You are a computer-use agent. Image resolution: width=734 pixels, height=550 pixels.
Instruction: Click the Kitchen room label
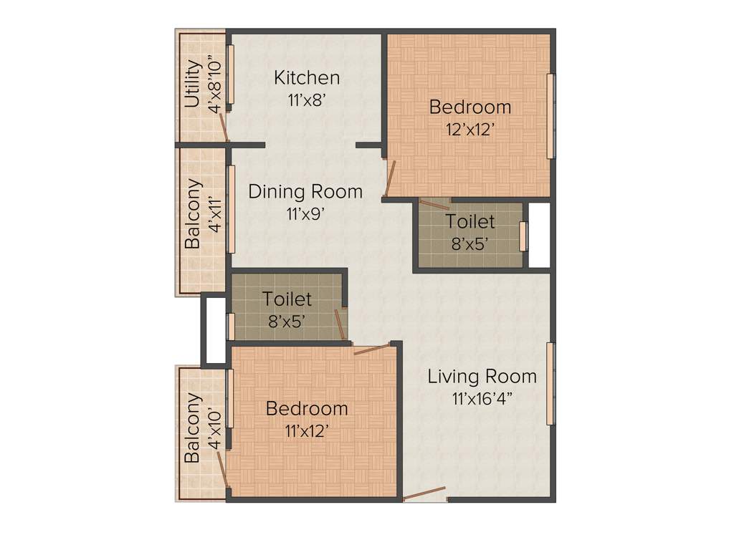[307, 77]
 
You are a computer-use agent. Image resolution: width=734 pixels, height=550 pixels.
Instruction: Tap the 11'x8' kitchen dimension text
[307, 100]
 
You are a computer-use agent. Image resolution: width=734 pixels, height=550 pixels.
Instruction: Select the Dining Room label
[305, 192]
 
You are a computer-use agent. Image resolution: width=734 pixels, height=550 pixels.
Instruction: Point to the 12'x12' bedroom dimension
[470, 130]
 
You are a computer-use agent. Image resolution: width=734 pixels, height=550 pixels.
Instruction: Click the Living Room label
[482, 376]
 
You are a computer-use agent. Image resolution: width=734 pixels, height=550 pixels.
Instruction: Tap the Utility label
[192, 84]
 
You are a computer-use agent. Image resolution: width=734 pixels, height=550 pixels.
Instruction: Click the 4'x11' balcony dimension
[214, 213]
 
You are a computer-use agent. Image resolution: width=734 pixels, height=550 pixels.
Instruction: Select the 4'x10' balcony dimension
[214, 428]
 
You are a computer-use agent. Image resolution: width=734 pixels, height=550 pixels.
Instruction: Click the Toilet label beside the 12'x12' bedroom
[470, 221]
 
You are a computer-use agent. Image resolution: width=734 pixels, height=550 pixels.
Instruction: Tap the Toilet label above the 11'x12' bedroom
[287, 298]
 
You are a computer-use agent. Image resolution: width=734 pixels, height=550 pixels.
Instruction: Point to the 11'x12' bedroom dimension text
[307, 431]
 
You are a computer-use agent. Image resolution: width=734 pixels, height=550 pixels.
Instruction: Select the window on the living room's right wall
[550, 384]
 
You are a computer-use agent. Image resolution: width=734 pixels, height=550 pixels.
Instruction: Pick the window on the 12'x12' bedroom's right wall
[550, 115]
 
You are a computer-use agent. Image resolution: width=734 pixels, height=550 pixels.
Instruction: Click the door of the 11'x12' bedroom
[371, 349]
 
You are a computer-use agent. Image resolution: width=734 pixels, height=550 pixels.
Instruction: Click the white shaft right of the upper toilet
[539, 236]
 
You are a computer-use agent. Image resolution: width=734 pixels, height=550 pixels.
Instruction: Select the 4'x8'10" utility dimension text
[214, 84]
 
